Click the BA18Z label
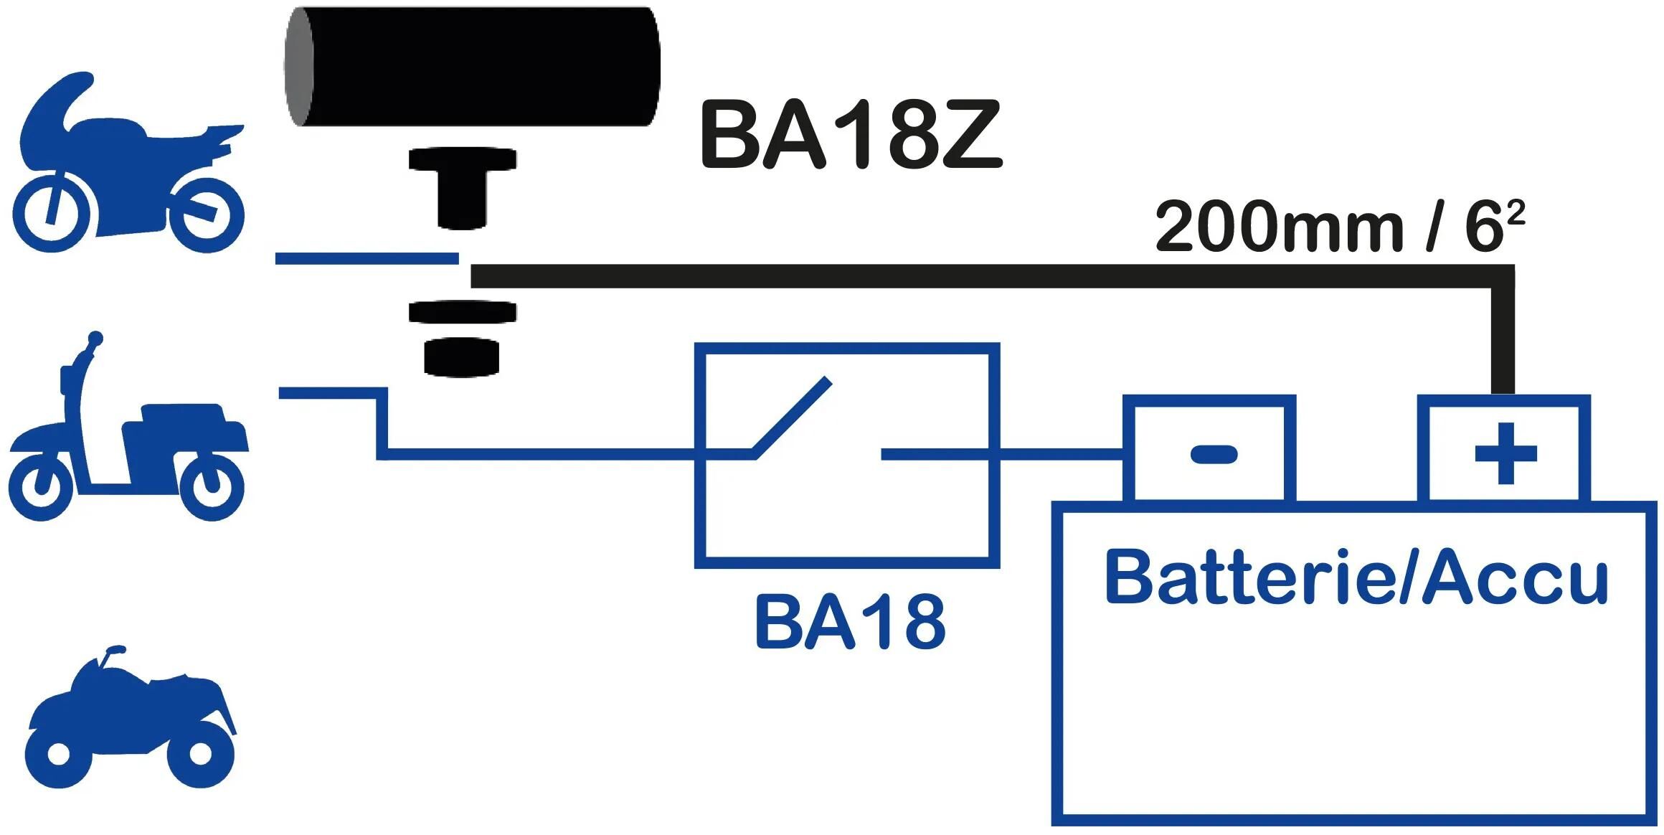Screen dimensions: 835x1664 pyautogui.click(x=850, y=136)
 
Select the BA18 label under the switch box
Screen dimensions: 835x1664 pyautogui.click(x=850, y=623)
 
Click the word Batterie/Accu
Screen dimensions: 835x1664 pyautogui.click(x=1356, y=578)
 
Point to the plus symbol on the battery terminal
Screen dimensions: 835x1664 pyautogui.click(x=1505, y=453)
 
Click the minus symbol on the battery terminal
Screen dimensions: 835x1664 pyautogui.click(x=1214, y=453)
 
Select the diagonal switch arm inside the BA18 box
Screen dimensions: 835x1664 pyautogui.click(x=793, y=416)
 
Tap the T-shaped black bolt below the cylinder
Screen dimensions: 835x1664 pyautogui.click(x=463, y=187)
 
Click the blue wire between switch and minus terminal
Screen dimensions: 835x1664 pyautogui.click(x=1062, y=453)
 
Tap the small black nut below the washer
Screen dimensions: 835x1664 pyautogui.click(x=461, y=357)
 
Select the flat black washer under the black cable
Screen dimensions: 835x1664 pyautogui.click(x=463, y=312)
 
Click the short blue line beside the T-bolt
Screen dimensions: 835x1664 pyautogui.click(x=366, y=258)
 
